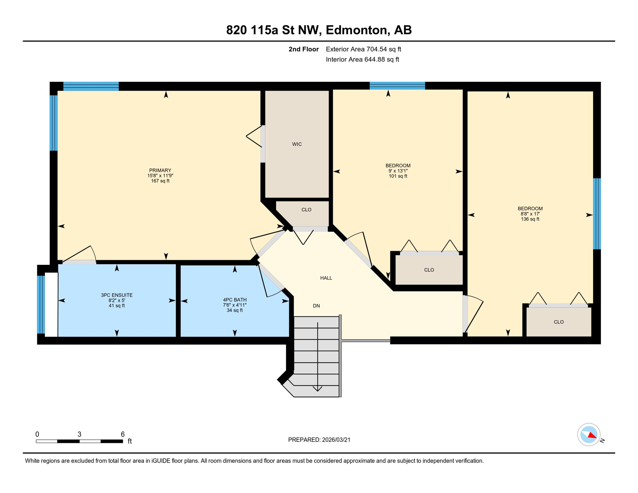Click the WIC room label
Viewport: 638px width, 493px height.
(x=297, y=144)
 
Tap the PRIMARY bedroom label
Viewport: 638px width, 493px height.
(x=160, y=170)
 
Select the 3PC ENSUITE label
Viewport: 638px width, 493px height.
(x=116, y=295)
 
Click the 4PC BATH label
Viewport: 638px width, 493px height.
(x=235, y=300)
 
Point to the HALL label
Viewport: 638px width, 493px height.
(x=326, y=278)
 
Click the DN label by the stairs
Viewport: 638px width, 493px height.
(x=316, y=306)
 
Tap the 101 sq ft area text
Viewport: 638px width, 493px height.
(x=398, y=176)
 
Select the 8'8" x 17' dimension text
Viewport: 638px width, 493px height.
(x=530, y=214)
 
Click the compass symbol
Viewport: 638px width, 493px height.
(x=589, y=435)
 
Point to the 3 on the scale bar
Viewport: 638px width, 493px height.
(x=79, y=434)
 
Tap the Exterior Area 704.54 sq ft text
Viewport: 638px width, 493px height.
(x=363, y=49)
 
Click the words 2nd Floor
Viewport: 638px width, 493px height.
(x=303, y=49)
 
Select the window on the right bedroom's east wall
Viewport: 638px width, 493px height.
(x=597, y=214)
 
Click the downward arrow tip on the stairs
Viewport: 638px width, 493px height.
(x=317, y=390)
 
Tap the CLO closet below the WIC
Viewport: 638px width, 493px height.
(x=306, y=210)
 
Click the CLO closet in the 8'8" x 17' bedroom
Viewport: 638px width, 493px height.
(x=559, y=322)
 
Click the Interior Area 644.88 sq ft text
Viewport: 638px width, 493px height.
(x=362, y=59)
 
